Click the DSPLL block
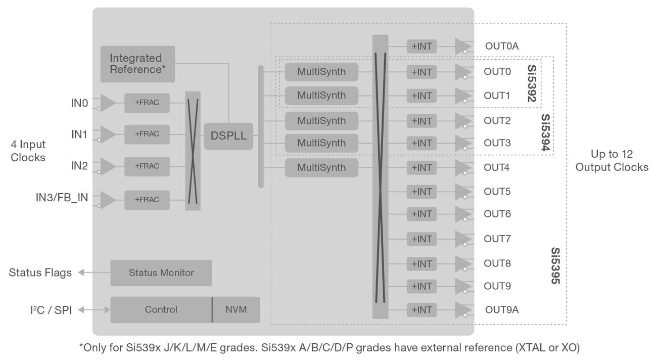pyautogui.click(x=228, y=136)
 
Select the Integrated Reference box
pyautogui.click(x=137, y=64)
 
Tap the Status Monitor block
pyautogui.click(x=161, y=273)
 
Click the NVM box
pyautogui.click(x=236, y=309)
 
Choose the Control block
pyautogui.click(x=161, y=309)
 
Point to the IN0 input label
pyautogui.click(x=79, y=103)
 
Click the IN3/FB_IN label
pyautogui.click(x=61, y=198)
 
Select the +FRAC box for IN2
pyautogui.click(x=147, y=166)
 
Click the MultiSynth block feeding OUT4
pyautogui.click(x=321, y=167)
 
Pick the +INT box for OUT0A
pyautogui.click(x=421, y=46)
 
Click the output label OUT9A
pyautogui.click(x=501, y=309)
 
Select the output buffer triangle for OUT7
pyautogui.click(x=462, y=239)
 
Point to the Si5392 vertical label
pyautogui.click(x=532, y=83)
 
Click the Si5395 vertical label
pyautogui.click(x=555, y=265)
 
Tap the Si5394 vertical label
pyautogui.click(x=545, y=132)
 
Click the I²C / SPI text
pyautogui.click(x=51, y=309)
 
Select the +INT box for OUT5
pyautogui.click(x=421, y=192)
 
